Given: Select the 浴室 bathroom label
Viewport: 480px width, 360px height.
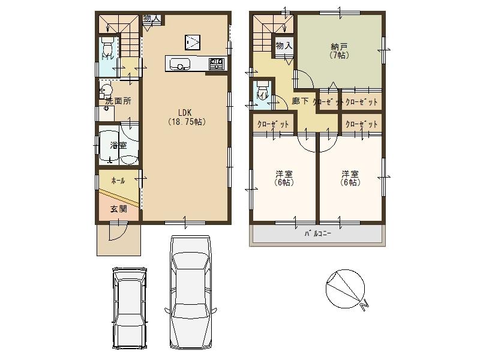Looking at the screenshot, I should [118, 145].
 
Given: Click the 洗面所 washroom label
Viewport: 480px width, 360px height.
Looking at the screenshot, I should [118, 101].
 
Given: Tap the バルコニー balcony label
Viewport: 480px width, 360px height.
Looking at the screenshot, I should [317, 234].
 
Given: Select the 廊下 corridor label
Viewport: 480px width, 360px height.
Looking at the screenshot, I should [300, 101].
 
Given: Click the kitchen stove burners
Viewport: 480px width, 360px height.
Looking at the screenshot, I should [216, 62].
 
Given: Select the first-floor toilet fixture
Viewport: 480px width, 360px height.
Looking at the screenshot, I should [107, 47].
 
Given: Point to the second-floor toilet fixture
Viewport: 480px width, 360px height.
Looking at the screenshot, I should [261, 94].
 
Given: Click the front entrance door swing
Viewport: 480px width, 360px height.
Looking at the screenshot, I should [118, 231].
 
